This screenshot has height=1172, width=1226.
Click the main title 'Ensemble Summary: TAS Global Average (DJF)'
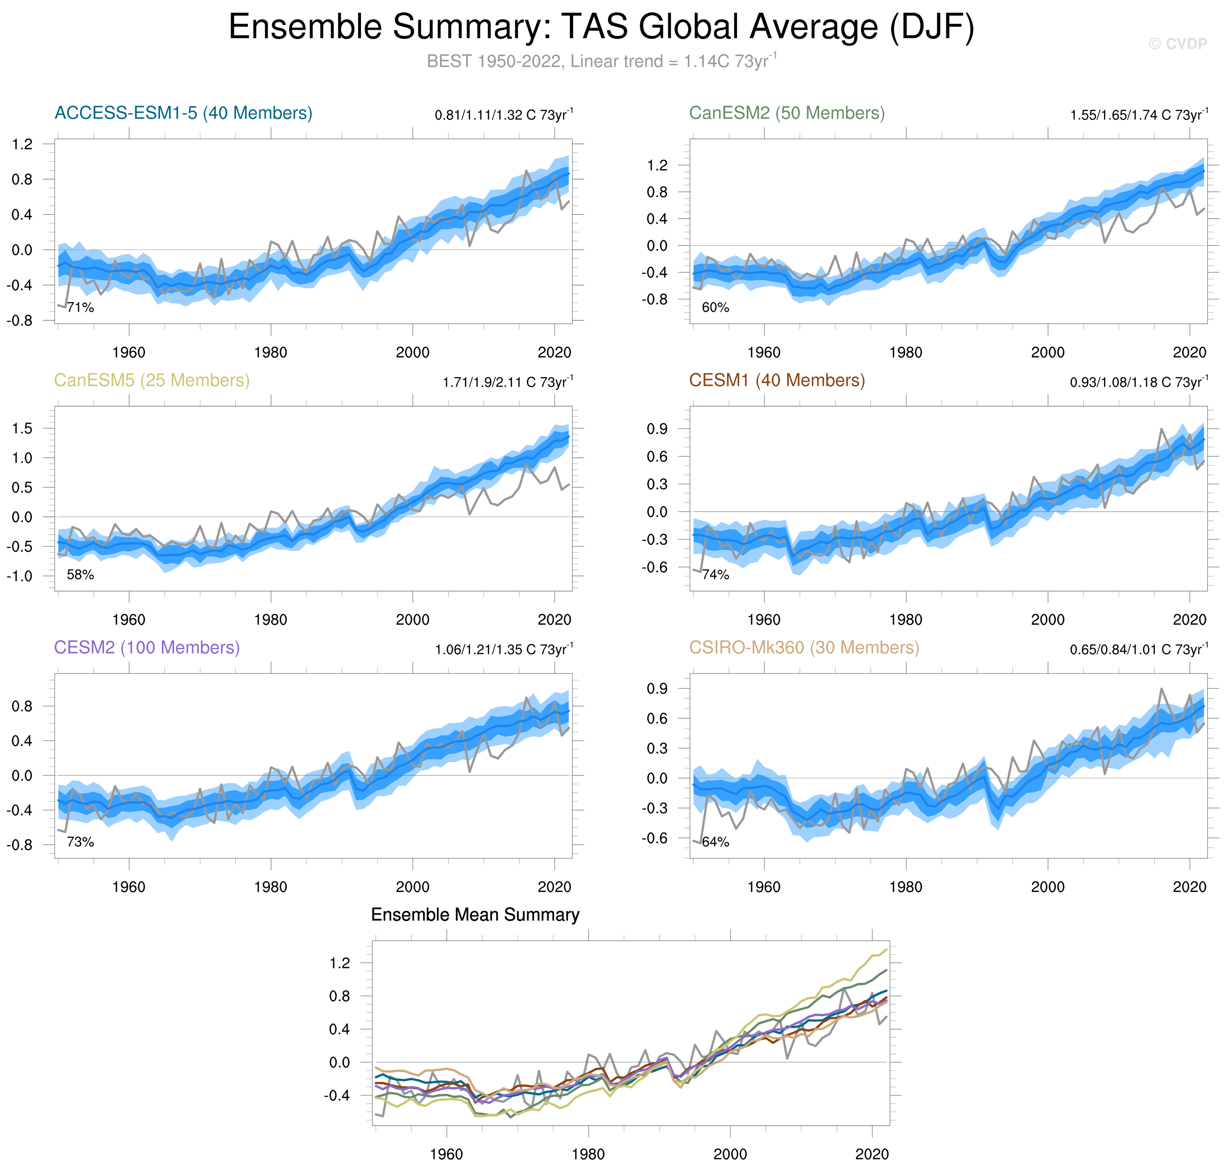point(601,27)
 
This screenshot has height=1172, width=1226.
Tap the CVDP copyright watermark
point(1177,44)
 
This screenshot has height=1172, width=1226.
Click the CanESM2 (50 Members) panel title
point(786,113)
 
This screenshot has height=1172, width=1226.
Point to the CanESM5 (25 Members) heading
point(152,381)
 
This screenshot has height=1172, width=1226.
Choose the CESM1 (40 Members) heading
point(776,381)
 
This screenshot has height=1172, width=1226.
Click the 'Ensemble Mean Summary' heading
point(475,914)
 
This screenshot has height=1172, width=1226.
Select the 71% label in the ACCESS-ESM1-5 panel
point(81,307)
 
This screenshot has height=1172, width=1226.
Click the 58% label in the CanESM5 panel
point(81,575)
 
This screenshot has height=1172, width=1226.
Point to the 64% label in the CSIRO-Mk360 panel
point(716,842)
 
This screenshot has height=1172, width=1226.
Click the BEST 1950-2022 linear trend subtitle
point(601,61)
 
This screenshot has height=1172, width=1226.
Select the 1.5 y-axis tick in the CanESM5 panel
point(23,428)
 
